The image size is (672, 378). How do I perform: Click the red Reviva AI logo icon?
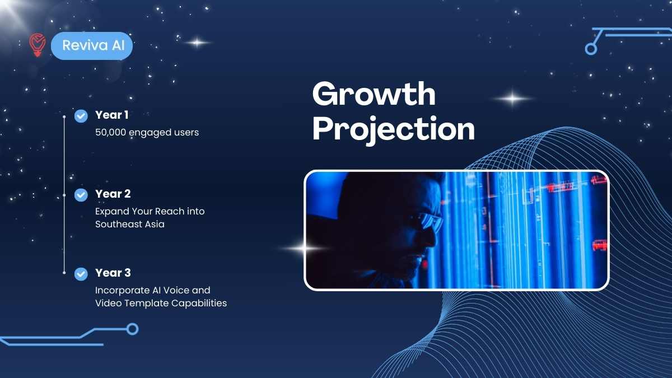(x=38, y=45)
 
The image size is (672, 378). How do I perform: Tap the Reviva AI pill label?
(x=92, y=45)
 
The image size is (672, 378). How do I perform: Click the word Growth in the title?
(x=374, y=94)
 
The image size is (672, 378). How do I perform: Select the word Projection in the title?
(x=394, y=129)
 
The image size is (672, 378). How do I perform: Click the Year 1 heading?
(x=112, y=115)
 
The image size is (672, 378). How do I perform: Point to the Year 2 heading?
(x=113, y=194)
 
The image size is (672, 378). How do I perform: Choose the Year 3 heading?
(x=113, y=273)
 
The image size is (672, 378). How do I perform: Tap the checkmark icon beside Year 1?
(x=81, y=116)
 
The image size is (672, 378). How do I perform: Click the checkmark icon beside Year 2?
(x=81, y=195)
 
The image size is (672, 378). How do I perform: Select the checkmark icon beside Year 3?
(x=81, y=274)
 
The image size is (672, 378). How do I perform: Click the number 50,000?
(x=111, y=132)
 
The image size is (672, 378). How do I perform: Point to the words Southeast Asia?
(x=130, y=224)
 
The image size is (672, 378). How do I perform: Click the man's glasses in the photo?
(x=427, y=222)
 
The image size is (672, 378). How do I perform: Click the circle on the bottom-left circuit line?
(x=132, y=329)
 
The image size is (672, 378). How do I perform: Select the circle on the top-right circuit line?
(x=591, y=49)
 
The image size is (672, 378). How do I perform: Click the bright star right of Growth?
(x=512, y=98)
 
